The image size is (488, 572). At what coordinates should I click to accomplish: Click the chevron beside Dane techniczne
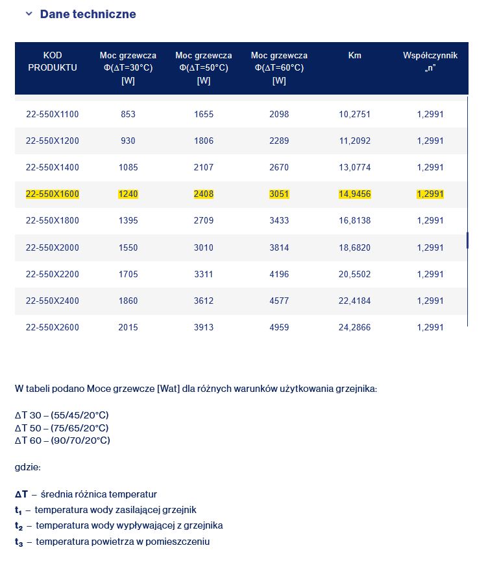click(29, 14)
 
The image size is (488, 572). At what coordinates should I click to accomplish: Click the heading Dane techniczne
click(88, 14)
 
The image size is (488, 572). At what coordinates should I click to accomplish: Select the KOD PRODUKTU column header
click(53, 62)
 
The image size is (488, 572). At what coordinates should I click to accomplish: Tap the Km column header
click(354, 56)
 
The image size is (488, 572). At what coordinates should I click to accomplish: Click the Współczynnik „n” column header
click(430, 62)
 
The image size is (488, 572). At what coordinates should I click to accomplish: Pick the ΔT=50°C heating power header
click(204, 68)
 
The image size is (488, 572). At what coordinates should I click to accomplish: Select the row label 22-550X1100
click(53, 114)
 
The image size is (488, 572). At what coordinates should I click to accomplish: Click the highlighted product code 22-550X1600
click(53, 194)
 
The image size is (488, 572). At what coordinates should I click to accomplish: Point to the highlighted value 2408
click(204, 194)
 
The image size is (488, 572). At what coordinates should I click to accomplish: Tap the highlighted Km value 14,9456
click(354, 194)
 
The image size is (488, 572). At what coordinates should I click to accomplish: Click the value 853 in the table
click(128, 114)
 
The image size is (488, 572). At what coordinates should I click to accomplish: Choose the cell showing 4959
click(279, 327)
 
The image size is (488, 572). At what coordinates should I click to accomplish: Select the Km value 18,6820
click(354, 247)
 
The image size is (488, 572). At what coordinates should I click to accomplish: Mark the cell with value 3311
click(204, 274)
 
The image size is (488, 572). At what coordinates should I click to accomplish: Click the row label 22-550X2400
click(53, 301)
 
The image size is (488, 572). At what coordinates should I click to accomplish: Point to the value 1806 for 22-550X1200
click(204, 141)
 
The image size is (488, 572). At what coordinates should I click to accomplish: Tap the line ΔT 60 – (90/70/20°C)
click(62, 440)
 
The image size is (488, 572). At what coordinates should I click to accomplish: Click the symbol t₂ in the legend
click(19, 526)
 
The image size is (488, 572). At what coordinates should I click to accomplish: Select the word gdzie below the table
click(28, 466)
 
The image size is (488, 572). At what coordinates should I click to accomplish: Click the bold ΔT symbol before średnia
click(21, 494)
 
